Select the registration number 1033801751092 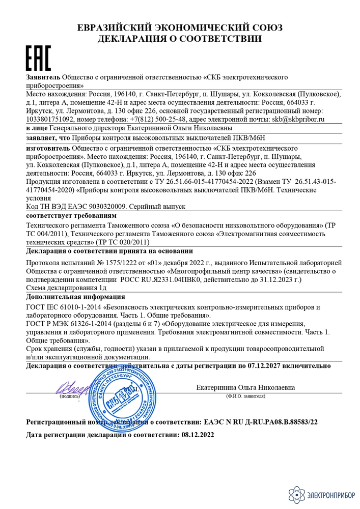(x=49, y=118)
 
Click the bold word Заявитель (x=43, y=77)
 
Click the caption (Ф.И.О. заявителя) (x=245, y=396)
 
